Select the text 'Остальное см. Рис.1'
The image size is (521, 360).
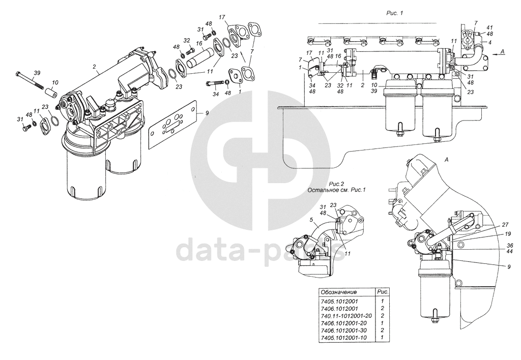click(337, 190)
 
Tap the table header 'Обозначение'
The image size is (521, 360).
click(338, 292)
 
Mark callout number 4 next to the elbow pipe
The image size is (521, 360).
click(489, 43)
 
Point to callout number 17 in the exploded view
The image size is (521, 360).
click(222, 18)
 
